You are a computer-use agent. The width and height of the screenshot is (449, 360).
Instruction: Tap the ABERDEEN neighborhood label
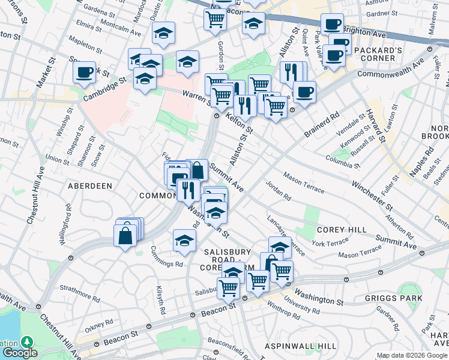[90, 186]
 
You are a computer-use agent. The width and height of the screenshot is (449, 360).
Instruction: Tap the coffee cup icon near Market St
[85, 73]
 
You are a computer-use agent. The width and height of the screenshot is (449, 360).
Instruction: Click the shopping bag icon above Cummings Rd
[125, 235]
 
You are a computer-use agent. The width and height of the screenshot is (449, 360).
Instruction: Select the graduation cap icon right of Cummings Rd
[184, 241]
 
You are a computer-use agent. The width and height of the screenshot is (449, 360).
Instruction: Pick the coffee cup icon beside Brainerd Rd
[304, 93]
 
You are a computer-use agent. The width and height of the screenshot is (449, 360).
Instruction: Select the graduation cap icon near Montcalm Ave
[163, 35]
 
